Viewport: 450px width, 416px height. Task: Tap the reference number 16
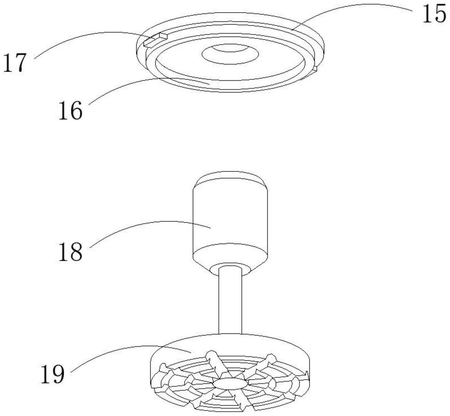tap(70, 110)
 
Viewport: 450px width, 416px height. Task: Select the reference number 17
tap(15, 63)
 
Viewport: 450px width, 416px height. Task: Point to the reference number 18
tap(70, 252)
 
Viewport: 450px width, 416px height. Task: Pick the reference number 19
tap(52, 374)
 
